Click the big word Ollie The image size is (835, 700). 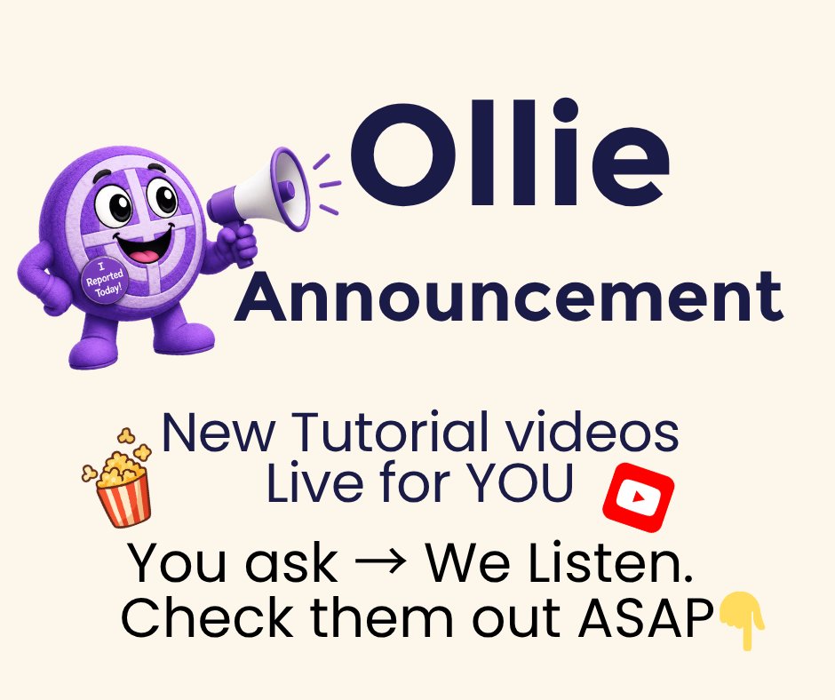tap(510, 154)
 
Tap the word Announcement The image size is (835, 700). tap(509, 296)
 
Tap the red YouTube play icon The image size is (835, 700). tap(639, 497)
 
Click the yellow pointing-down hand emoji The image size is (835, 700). tap(743, 621)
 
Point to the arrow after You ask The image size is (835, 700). tap(380, 562)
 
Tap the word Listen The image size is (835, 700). tap(611, 562)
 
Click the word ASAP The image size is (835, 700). tap(647, 618)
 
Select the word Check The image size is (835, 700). tap(208, 617)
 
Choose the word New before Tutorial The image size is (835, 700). tap(219, 433)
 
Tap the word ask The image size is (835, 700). tap(291, 562)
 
